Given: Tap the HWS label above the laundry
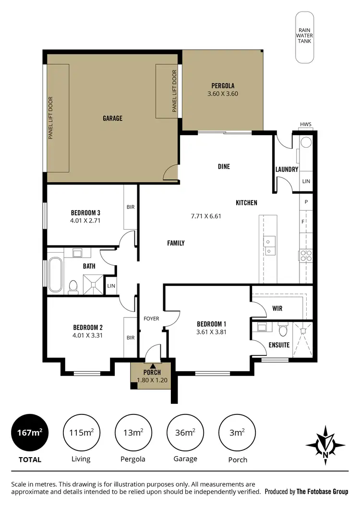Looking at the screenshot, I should click(x=305, y=125).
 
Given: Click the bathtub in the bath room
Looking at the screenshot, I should click(x=55, y=275).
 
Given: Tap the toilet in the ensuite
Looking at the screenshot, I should click(x=283, y=330).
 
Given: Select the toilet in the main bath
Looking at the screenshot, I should click(x=73, y=286).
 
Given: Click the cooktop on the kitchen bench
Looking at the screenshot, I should click(x=306, y=256).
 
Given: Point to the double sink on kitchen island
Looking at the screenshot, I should click(x=269, y=246).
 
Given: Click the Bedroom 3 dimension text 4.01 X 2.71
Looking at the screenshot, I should click(x=85, y=221).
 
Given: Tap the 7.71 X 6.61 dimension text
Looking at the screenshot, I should click(x=205, y=216).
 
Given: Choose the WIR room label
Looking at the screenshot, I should click(x=276, y=308).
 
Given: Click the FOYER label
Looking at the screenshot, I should click(x=151, y=318).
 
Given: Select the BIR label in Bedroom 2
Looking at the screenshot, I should click(x=131, y=338).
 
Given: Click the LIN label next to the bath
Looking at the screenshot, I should click(x=111, y=286).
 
